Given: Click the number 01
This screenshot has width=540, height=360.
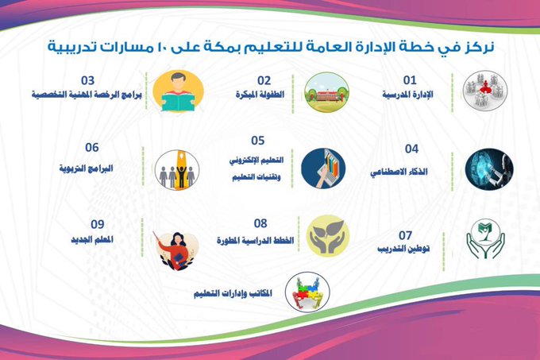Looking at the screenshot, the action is coord(410,80).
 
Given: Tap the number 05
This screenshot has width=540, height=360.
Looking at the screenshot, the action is coord(257,141).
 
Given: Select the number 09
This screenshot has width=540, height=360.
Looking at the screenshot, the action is coord(98,225).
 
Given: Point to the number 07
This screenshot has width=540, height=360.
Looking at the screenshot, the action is coord(405,236).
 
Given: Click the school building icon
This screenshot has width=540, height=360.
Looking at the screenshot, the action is coord(326,92).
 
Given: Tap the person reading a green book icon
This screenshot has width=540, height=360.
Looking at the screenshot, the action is coord(178,91).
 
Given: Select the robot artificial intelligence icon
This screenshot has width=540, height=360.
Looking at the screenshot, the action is coord(489,169).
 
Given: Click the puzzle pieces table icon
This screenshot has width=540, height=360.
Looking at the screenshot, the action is coord(307,292).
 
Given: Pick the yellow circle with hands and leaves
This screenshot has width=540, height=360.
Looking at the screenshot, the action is coord(328,236).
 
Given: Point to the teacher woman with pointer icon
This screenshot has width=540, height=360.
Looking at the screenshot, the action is coord(176,250).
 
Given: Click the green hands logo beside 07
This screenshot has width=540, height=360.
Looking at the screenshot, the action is coord(485,238).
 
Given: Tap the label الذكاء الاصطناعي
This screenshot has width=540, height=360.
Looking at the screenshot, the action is coord(399,172).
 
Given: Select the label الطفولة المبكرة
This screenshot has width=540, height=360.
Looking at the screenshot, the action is coord(260,95).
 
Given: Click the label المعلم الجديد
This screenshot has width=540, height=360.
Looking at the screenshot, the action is coord(92,240).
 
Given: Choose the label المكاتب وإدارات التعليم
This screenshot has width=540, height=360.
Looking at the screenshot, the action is coord(233,293).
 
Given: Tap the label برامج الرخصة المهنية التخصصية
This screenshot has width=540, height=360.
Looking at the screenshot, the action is coord(87,95).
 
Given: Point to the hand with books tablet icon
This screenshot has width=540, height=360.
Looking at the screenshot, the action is coord(323,168).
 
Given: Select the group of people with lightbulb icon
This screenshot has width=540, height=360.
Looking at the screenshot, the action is coord(177,170).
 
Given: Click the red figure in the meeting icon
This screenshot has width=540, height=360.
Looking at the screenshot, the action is coord(485,87).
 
